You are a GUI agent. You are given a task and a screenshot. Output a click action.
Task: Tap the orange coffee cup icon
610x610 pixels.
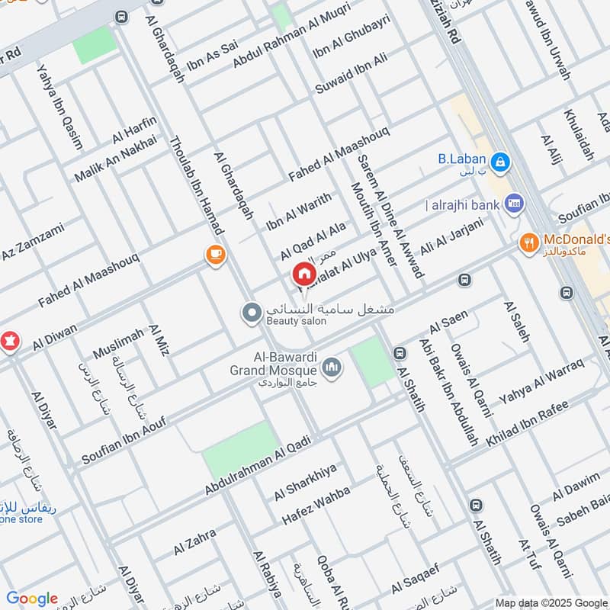click(x=216, y=255)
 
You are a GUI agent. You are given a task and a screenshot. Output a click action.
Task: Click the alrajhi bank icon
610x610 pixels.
click(x=513, y=204)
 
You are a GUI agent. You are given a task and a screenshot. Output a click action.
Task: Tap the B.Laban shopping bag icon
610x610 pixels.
click(x=501, y=161)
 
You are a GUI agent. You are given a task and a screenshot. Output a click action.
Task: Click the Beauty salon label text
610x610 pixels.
click(x=296, y=322)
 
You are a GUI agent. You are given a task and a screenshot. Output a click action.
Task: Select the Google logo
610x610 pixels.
click(x=32, y=599)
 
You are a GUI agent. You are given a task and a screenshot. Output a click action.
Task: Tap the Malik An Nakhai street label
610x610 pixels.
click(x=115, y=159)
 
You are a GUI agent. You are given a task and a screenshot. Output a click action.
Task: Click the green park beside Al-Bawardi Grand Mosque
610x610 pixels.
click(x=371, y=361)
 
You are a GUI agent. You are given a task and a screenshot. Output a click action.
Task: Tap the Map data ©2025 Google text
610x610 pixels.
click(x=551, y=602)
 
